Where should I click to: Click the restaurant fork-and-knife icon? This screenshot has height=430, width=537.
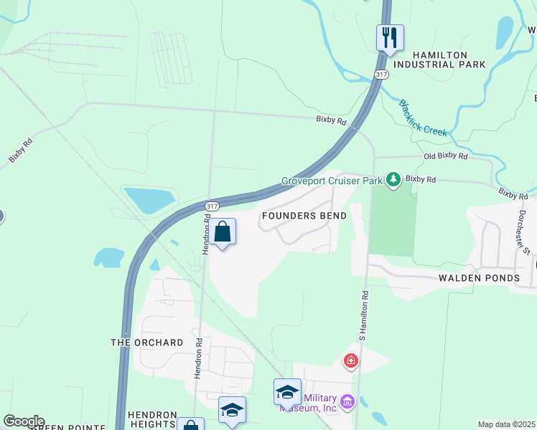[390, 37]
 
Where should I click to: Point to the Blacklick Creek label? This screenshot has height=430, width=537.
[424, 118]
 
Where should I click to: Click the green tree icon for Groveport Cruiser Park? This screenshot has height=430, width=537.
[393, 179]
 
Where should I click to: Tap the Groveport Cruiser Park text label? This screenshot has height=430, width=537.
[332, 181]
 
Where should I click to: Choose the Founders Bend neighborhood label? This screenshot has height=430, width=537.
[304, 216]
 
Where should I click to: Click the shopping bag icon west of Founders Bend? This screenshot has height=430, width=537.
[223, 231]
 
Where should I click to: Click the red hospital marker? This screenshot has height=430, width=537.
[351, 360]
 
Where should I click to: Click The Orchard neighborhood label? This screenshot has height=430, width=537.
[146, 343]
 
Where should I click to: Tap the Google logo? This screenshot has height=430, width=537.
[24, 421]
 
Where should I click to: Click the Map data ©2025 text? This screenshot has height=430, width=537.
[506, 424]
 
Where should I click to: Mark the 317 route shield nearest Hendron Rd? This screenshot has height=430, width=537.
[211, 206]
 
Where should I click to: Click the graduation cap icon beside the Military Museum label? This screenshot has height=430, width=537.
[286, 392]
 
